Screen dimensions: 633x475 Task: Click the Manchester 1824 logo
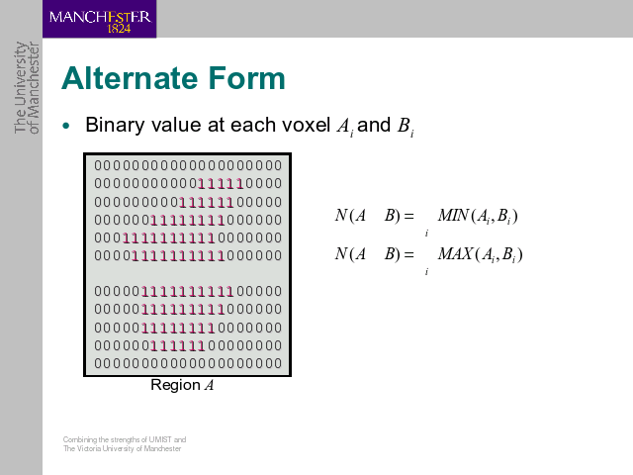tap(99, 19)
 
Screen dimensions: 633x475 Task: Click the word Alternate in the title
tap(131, 78)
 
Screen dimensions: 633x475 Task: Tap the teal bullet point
tap(66, 126)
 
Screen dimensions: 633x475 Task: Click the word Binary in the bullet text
tap(115, 126)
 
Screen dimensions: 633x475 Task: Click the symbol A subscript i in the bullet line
tap(345, 127)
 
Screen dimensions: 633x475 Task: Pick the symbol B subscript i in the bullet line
tap(406, 127)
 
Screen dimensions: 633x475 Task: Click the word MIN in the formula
tap(453, 216)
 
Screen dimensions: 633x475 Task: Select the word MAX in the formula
tap(455, 254)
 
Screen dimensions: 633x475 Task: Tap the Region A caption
tap(182, 385)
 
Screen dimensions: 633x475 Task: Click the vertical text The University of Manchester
tap(27, 87)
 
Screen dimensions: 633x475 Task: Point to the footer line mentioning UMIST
tap(125, 439)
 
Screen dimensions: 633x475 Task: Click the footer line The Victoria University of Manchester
tap(122, 448)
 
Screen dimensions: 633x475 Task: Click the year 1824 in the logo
tap(119, 29)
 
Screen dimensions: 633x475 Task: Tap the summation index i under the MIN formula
tap(426, 234)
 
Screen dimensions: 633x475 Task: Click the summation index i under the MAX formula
tap(426, 272)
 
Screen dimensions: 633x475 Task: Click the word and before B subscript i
tap(374, 125)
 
